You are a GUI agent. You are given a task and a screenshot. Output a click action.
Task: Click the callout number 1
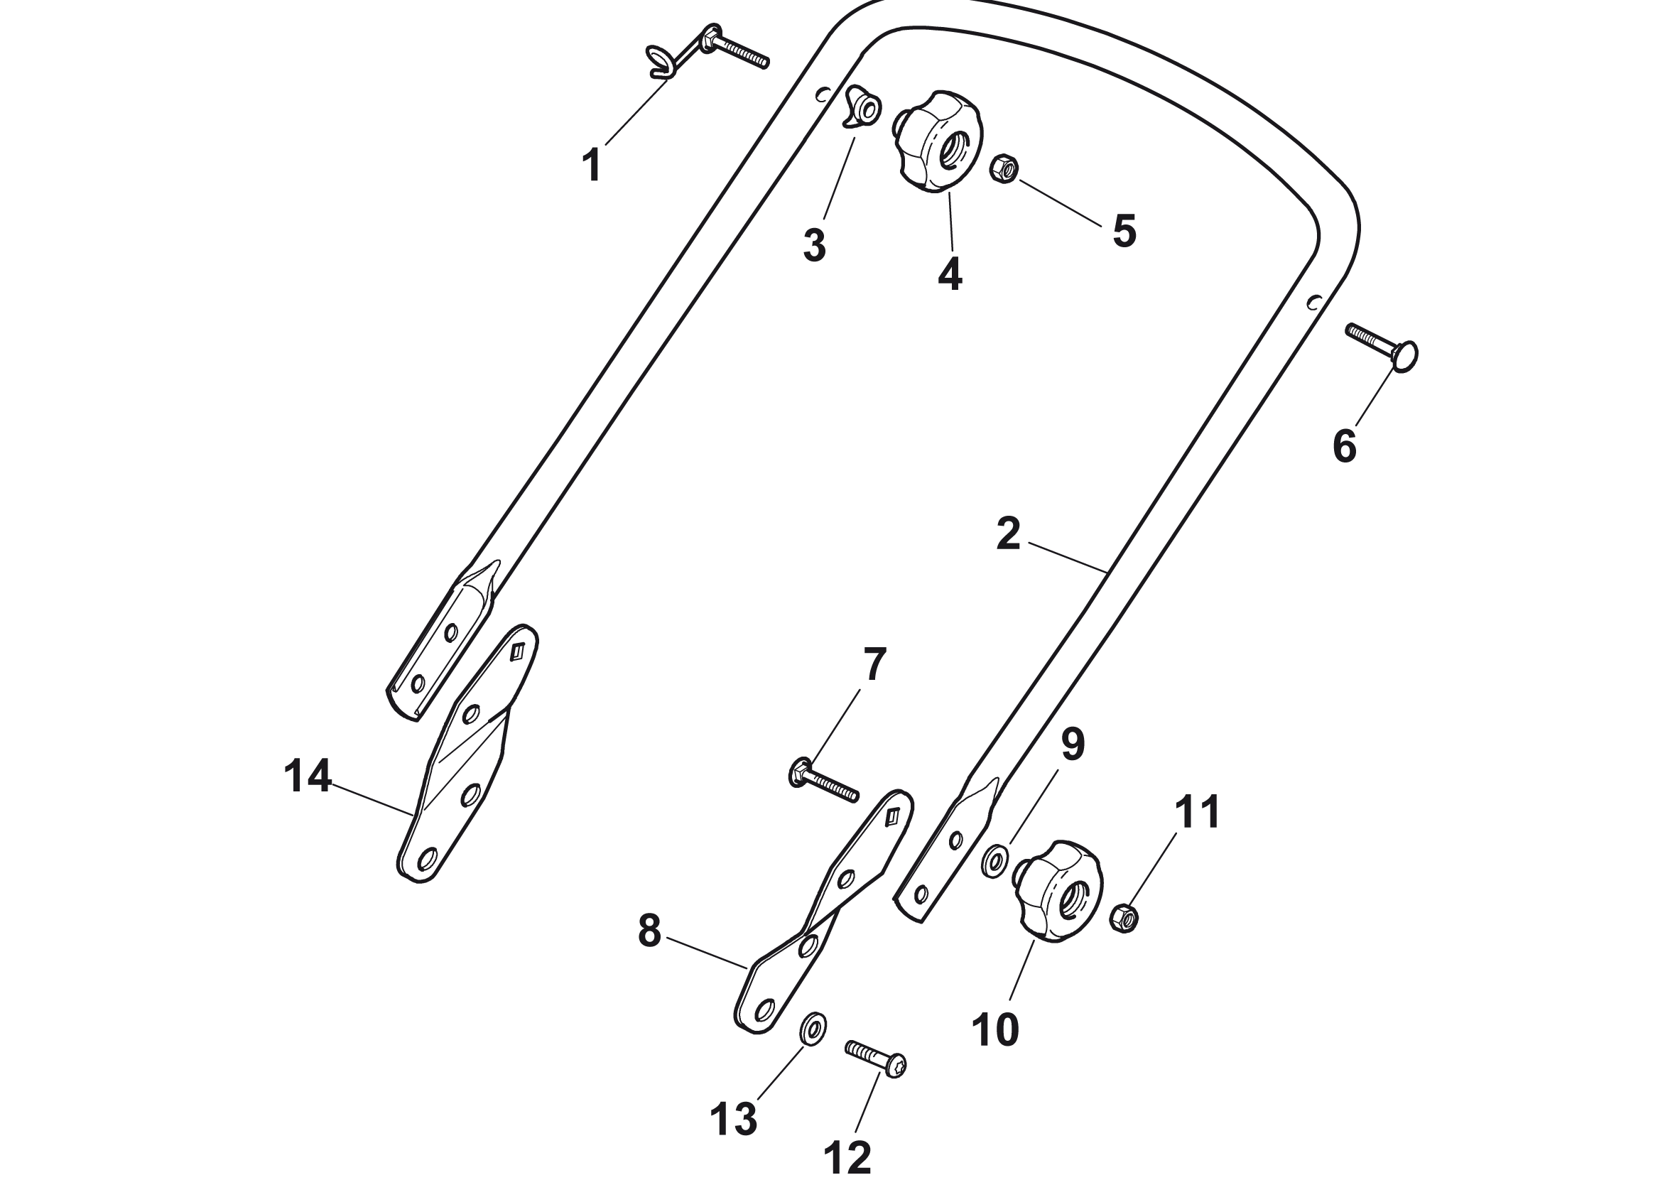coord(592,166)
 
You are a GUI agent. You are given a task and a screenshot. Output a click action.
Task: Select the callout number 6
coord(1345,446)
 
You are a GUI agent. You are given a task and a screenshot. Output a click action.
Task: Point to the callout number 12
coord(847,1157)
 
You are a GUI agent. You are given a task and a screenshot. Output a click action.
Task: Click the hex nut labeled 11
coord(1124,918)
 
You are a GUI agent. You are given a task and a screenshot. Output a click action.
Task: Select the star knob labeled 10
coord(1058,891)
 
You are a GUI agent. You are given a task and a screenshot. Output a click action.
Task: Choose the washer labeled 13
coord(813,1029)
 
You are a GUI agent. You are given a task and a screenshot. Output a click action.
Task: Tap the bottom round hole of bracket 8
coord(764,1010)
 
